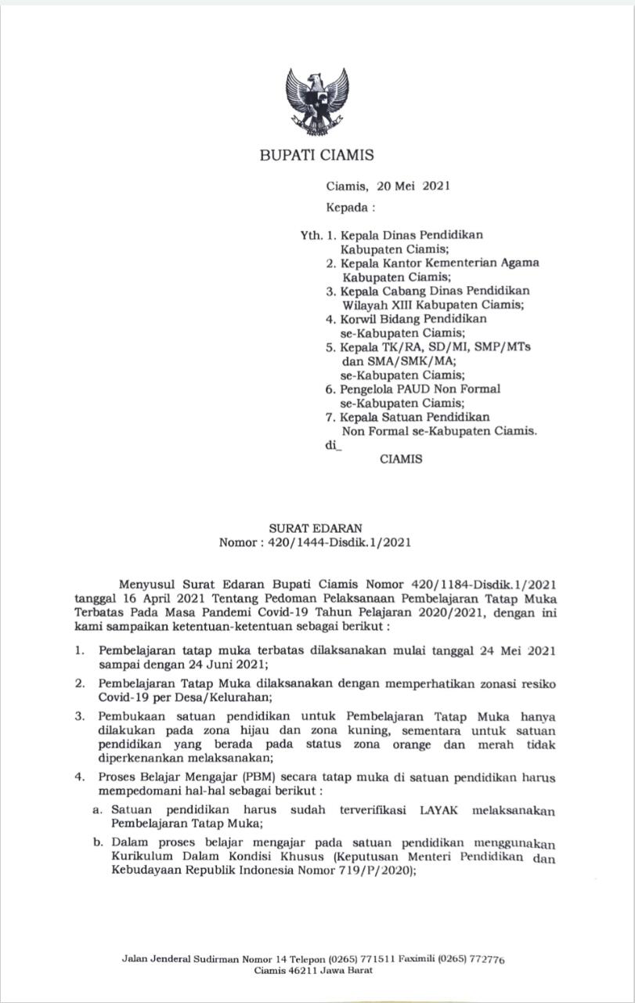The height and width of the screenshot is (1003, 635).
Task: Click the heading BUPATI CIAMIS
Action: point(316,155)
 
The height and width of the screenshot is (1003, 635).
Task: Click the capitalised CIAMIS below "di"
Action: point(401,459)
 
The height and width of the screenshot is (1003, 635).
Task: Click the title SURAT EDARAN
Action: point(316,528)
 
